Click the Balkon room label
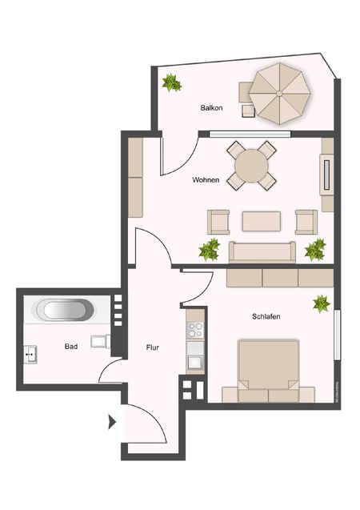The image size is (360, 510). click(212, 106)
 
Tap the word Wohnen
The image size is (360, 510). click(206, 180)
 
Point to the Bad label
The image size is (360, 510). click(70, 347)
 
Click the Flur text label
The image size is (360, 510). click(154, 348)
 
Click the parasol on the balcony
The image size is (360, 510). click(278, 94)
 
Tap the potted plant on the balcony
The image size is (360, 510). click(170, 82)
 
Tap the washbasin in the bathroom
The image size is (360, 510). click(32, 352)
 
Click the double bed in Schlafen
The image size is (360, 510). click(268, 370)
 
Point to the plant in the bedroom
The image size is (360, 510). click(321, 303)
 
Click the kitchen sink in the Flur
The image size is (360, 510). click(195, 361)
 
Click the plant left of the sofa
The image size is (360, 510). click(210, 250)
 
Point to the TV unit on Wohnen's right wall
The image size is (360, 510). click(326, 174)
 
